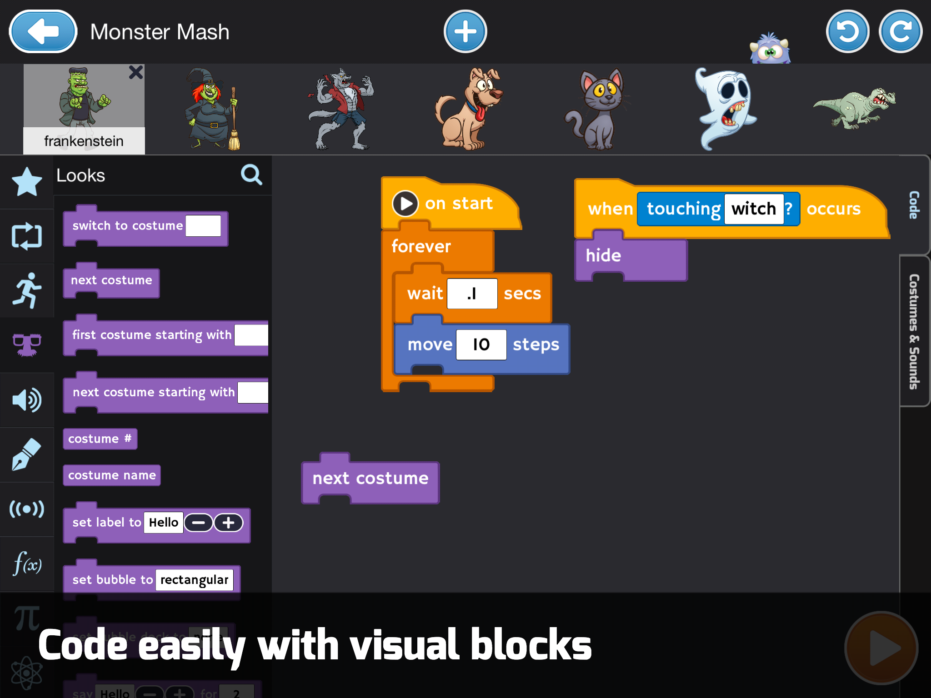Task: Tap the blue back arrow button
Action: point(43,31)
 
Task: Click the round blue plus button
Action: point(465,31)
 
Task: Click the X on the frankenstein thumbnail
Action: point(135,72)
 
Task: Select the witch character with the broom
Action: point(211,109)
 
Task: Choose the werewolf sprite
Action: point(341,109)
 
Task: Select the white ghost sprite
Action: point(726,109)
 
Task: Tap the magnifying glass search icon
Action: point(251,174)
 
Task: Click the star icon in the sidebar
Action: point(27,182)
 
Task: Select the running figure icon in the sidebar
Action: point(27,291)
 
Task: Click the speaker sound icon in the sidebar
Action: point(27,400)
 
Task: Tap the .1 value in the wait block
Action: point(472,294)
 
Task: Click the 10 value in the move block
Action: point(481,344)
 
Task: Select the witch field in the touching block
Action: point(754,209)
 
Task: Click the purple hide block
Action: point(631,256)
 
